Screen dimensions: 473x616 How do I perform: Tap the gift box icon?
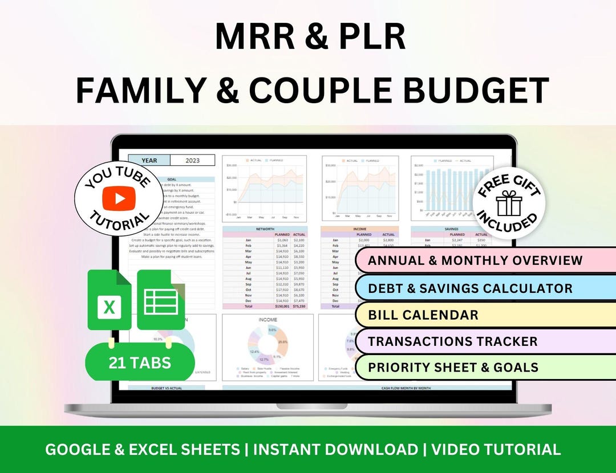pyautogui.click(x=509, y=203)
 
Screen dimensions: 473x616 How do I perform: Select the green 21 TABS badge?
pyautogui.click(x=140, y=362)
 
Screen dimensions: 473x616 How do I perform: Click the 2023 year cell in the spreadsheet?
pyautogui.click(x=192, y=161)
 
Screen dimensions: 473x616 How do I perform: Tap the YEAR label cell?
pyautogui.click(x=149, y=161)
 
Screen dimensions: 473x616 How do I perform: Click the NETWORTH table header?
pyautogui.click(x=266, y=229)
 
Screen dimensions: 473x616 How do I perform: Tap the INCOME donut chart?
pyautogui.click(x=268, y=348)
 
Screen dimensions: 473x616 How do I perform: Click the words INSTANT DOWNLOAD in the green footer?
pyautogui.click(x=335, y=449)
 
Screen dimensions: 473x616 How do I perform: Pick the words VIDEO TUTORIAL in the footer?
pyautogui.click(x=496, y=449)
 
